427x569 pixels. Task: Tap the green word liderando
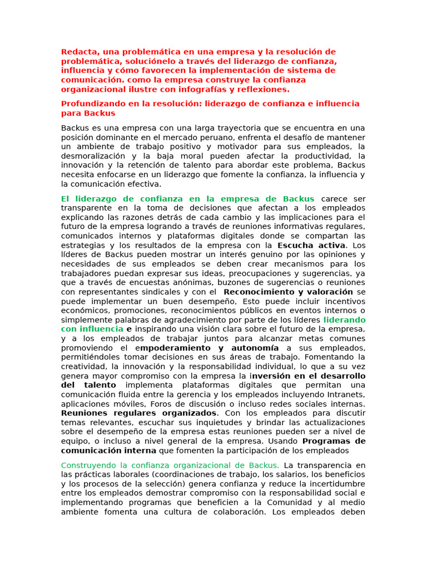tap(344, 320)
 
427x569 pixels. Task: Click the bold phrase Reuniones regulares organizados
tap(138, 413)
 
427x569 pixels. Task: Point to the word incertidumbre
tap(337, 483)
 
